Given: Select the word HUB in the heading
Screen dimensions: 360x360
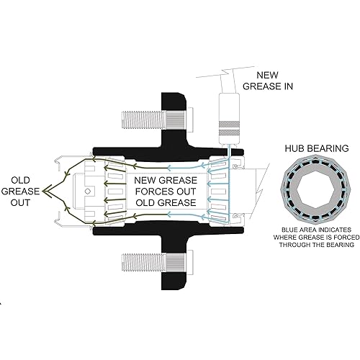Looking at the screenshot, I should pos(295,149).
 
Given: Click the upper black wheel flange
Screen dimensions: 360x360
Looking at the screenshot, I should pos(171,115).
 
